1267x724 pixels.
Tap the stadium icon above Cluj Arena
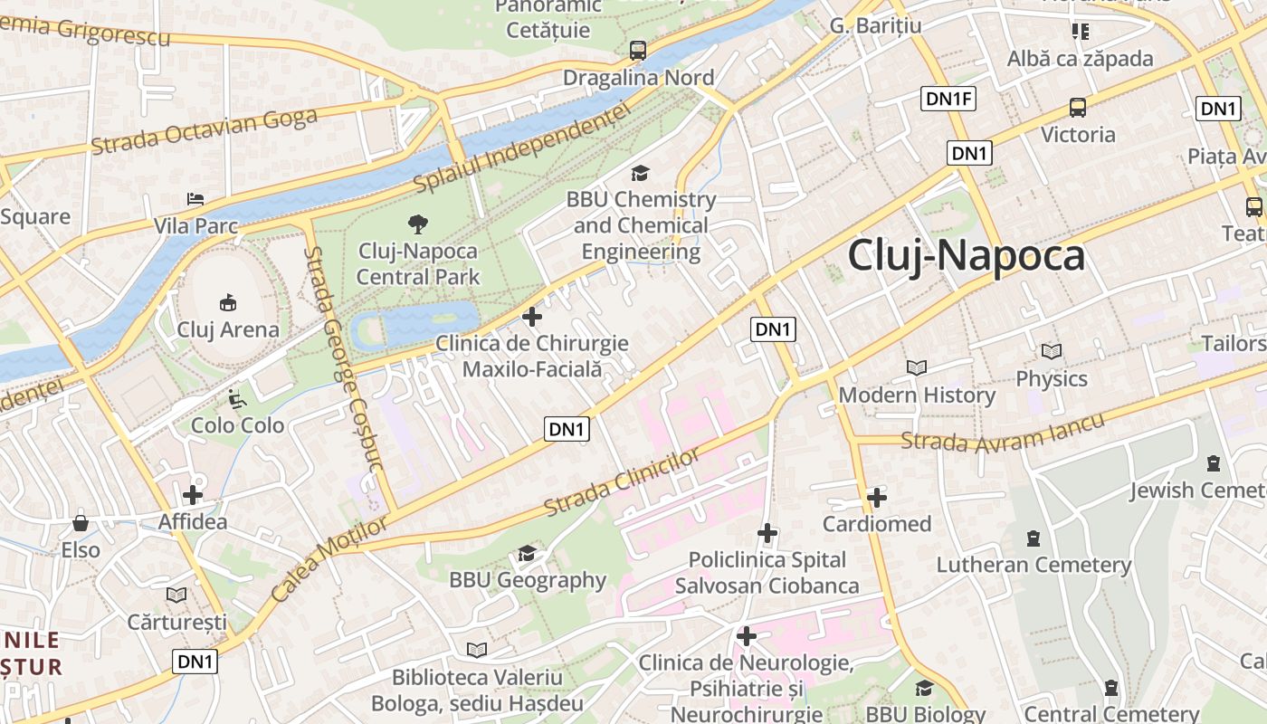pyautogui.click(x=227, y=302)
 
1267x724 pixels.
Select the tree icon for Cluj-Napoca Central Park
pyautogui.click(x=417, y=224)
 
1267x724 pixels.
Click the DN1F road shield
pyautogui.click(x=948, y=99)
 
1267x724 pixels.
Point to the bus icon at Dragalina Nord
pyautogui.click(x=638, y=51)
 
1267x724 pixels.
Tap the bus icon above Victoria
pyautogui.click(x=1078, y=108)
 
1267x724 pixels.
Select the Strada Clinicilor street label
pyautogui.click(x=624, y=481)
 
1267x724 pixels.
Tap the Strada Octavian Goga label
pyautogui.click(x=205, y=130)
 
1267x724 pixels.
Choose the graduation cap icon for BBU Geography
pyautogui.click(x=527, y=553)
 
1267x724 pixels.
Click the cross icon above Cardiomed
pyautogui.click(x=876, y=497)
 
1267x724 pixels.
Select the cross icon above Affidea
pyautogui.click(x=192, y=495)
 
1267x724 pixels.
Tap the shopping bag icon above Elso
pyautogui.click(x=81, y=523)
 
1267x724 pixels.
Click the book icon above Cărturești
pyautogui.click(x=176, y=595)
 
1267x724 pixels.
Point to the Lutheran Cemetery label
pyautogui.click(x=1034, y=566)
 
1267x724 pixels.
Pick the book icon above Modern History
pyautogui.click(x=917, y=367)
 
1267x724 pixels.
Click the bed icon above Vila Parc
pyautogui.click(x=195, y=198)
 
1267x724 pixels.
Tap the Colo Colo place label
pyautogui.click(x=237, y=424)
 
